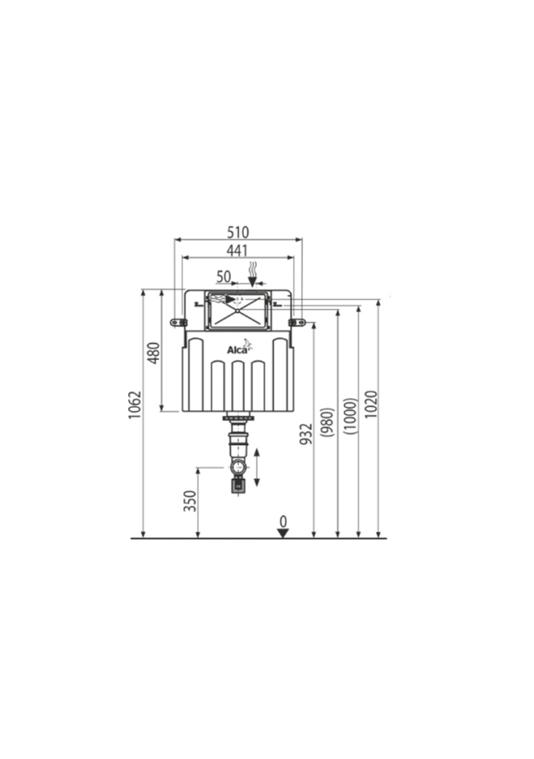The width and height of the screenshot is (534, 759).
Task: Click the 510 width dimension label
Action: [x=238, y=232]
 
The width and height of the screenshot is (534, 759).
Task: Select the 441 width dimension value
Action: [x=237, y=251]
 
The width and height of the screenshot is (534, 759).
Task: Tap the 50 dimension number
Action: [x=223, y=277]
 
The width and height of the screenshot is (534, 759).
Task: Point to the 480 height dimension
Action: [x=153, y=353]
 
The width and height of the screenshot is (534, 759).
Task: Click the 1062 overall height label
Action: [x=134, y=405]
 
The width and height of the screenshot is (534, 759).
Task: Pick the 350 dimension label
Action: [x=190, y=501]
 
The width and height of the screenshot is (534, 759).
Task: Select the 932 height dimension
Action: [x=306, y=434]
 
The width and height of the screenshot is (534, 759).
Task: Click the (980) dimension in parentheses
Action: [x=328, y=422]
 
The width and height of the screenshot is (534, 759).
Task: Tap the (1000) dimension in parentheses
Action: [x=350, y=416]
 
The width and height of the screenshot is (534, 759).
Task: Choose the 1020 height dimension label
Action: [x=371, y=404]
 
